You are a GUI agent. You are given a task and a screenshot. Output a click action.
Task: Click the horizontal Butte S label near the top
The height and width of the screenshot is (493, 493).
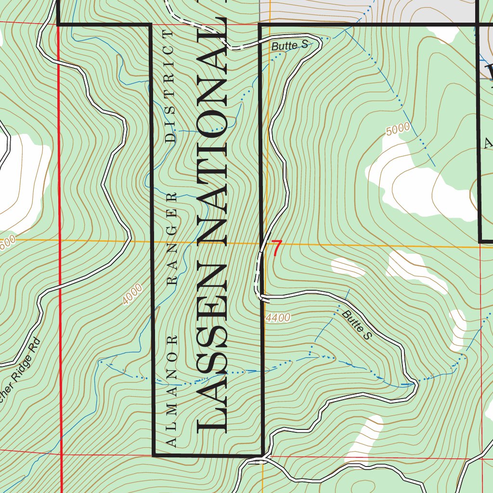pyautogui.click(x=289, y=46)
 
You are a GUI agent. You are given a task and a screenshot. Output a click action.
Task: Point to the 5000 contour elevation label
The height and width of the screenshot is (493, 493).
pyautogui.click(x=398, y=129)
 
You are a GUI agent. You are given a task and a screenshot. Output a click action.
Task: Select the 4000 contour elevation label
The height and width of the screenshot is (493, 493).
pyautogui.click(x=132, y=295)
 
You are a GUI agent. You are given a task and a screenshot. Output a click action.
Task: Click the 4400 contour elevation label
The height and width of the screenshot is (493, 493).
pyautogui.click(x=278, y=318)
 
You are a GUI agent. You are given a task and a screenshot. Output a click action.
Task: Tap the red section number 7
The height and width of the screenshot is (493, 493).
pyautogui.click(x=276, y=248)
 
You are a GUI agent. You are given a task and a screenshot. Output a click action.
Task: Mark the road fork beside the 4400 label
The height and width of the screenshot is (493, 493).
pyautogui.click(x=262, y=298)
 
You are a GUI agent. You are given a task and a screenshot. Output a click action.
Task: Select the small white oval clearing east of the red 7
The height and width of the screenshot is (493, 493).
pyautogui.click(x=348, y=267)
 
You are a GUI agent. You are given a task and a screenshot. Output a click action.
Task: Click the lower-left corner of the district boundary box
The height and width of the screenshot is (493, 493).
pyautogui.click(x=153, y=454)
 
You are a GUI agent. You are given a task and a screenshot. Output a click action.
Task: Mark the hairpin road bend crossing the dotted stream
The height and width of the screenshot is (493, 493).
pyautogui.click(x=413, y=384)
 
